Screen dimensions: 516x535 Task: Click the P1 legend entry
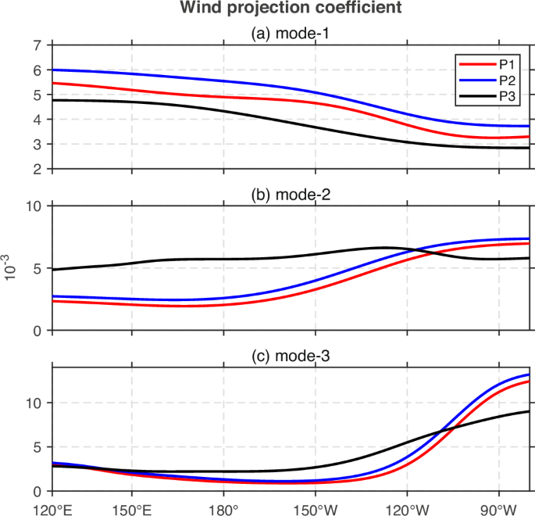click(x=508, y=67)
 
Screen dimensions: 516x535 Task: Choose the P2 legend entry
click(x=508, y=81)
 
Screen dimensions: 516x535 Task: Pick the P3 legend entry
click(x=508, y=95)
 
